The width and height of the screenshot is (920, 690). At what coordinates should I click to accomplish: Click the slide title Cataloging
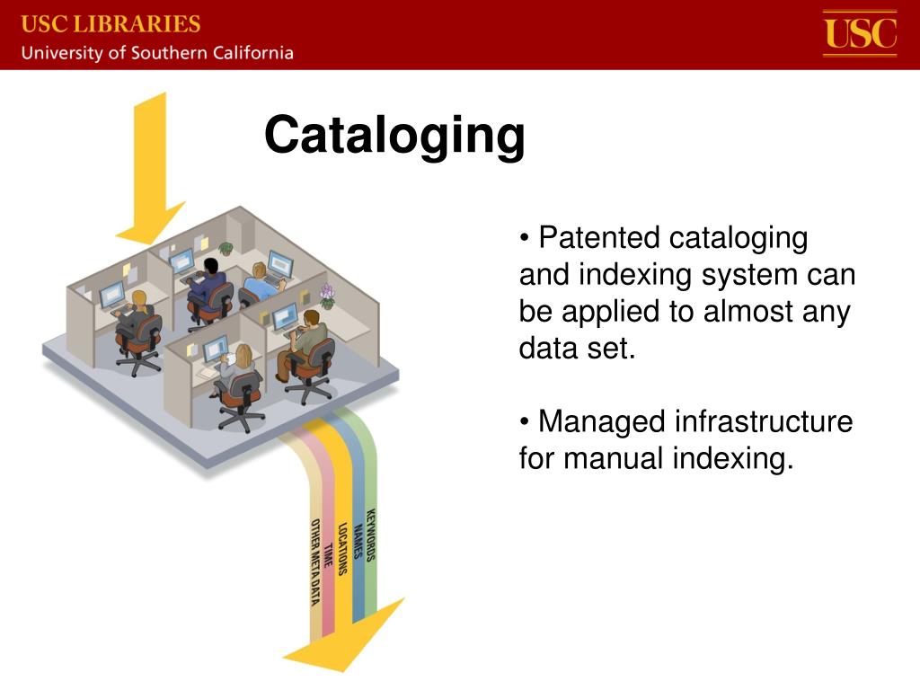coord(394,136)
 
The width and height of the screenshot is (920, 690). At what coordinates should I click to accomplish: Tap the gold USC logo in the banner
coord(860,33)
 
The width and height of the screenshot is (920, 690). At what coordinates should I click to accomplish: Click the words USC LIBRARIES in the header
coord(111,22)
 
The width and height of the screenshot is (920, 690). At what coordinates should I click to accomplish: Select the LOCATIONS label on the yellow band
coord(343,548)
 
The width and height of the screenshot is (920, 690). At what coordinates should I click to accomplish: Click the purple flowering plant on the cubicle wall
coord(327,295)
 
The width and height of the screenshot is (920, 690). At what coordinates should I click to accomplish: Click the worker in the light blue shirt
coord(260,280)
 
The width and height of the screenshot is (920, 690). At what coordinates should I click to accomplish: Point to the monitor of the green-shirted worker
coord(285,315)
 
